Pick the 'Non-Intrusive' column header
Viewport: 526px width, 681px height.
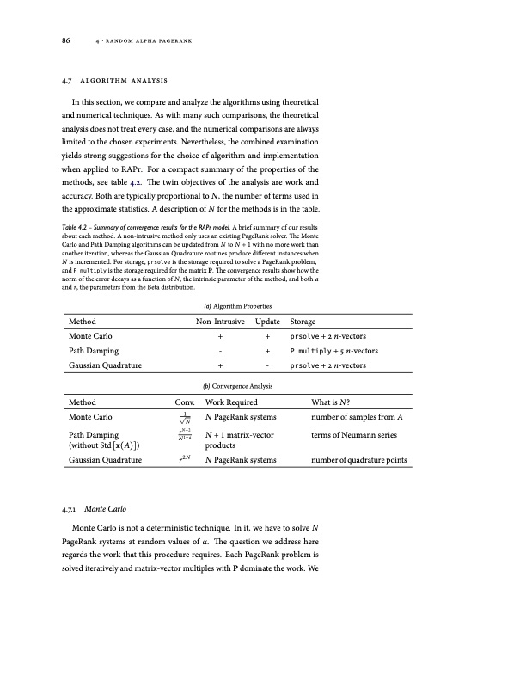click(x=222, y=322)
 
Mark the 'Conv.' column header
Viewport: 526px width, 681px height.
click(x=185, y=402)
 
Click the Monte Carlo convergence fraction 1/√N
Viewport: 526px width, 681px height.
click(x=185, y=418)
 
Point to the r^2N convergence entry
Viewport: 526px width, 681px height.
click(x=185, y=460)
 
